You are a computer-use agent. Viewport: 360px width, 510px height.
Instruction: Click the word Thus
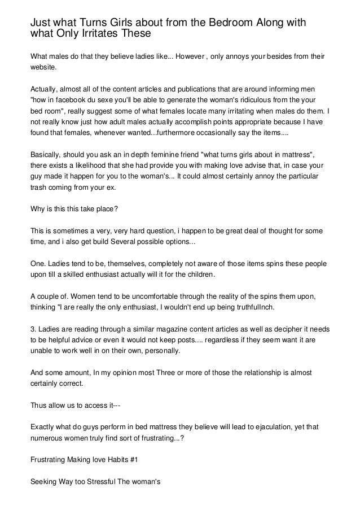click(x=38, y=404)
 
